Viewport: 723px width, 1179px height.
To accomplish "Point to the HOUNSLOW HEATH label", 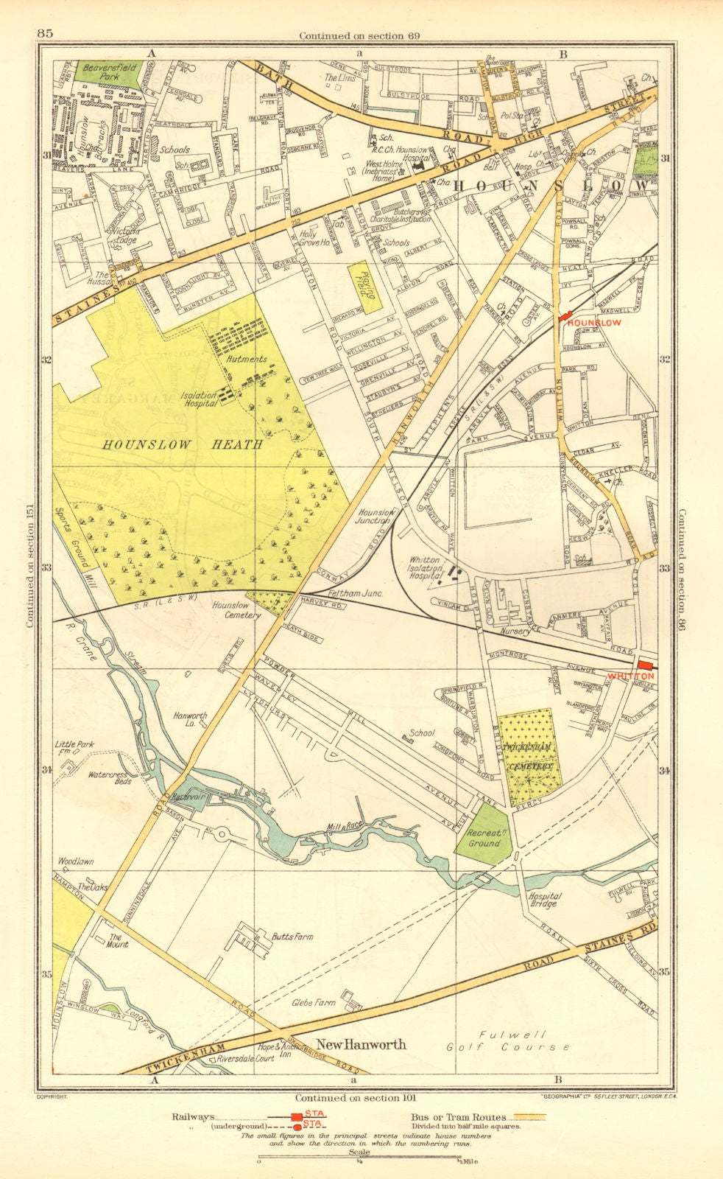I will [x=183, y=444].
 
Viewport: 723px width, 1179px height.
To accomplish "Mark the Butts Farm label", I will [x=292, y=937].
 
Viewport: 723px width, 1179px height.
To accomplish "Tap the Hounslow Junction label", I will [x=375, y=516].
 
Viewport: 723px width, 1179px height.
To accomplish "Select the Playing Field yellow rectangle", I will [x=364, y=287].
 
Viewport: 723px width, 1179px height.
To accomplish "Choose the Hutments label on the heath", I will [x=247, y=360].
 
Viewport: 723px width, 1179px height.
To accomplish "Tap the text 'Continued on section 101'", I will [x=352, y=1097].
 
